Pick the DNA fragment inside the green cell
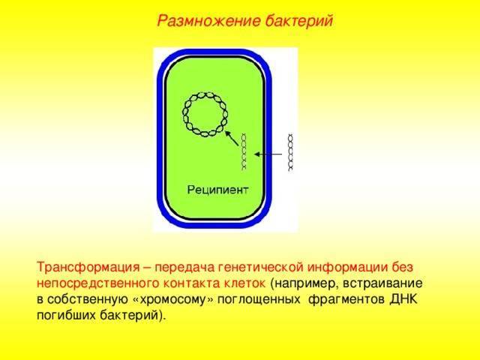[244, 151]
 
